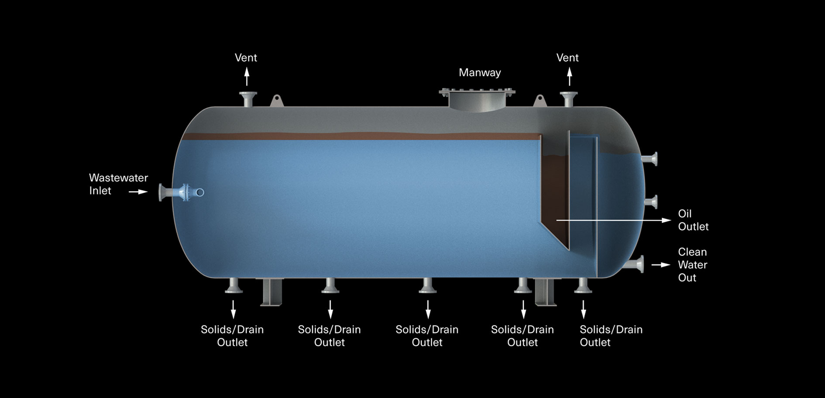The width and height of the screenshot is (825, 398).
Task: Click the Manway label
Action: tap(479, 72)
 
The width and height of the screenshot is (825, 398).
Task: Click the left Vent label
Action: tap(246, 58)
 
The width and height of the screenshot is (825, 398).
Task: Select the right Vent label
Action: tap(567, 58)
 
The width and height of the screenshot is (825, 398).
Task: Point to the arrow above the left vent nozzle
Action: tap(247, 77)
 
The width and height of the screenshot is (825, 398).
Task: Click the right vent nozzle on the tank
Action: tap(568, 99)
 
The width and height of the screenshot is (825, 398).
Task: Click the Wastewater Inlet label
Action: tap(118, 184)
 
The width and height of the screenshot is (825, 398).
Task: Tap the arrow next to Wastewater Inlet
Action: tap(138, 191)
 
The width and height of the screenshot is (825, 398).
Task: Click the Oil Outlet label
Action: tap(693, 220)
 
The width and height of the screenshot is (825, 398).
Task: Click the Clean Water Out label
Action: tap(692, 265)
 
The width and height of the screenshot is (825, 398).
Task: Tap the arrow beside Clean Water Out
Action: tap(660, 265)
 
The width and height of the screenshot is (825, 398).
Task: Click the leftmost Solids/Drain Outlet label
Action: tap(232, 336)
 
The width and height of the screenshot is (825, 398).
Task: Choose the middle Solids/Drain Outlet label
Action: tap(426, 336)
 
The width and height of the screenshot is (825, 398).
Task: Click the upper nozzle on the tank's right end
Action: tap(650, 159)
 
